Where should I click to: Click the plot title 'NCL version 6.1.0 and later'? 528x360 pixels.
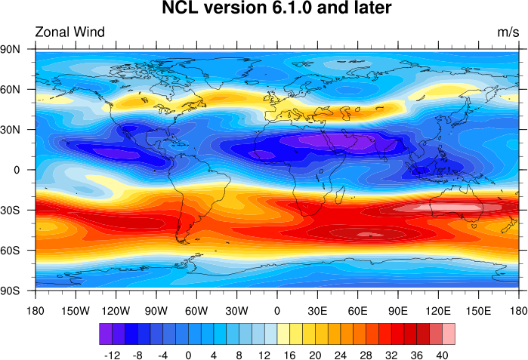click(277, 10)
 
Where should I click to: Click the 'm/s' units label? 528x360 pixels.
click(508, 32)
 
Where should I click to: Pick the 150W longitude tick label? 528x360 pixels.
click(76, 310)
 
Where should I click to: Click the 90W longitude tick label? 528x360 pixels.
click(156, 310)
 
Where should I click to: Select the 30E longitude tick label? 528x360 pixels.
click(317, 310)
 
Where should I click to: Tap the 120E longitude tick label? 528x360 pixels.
click(438, 310)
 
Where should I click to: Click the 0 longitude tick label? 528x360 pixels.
click(277, 310)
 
